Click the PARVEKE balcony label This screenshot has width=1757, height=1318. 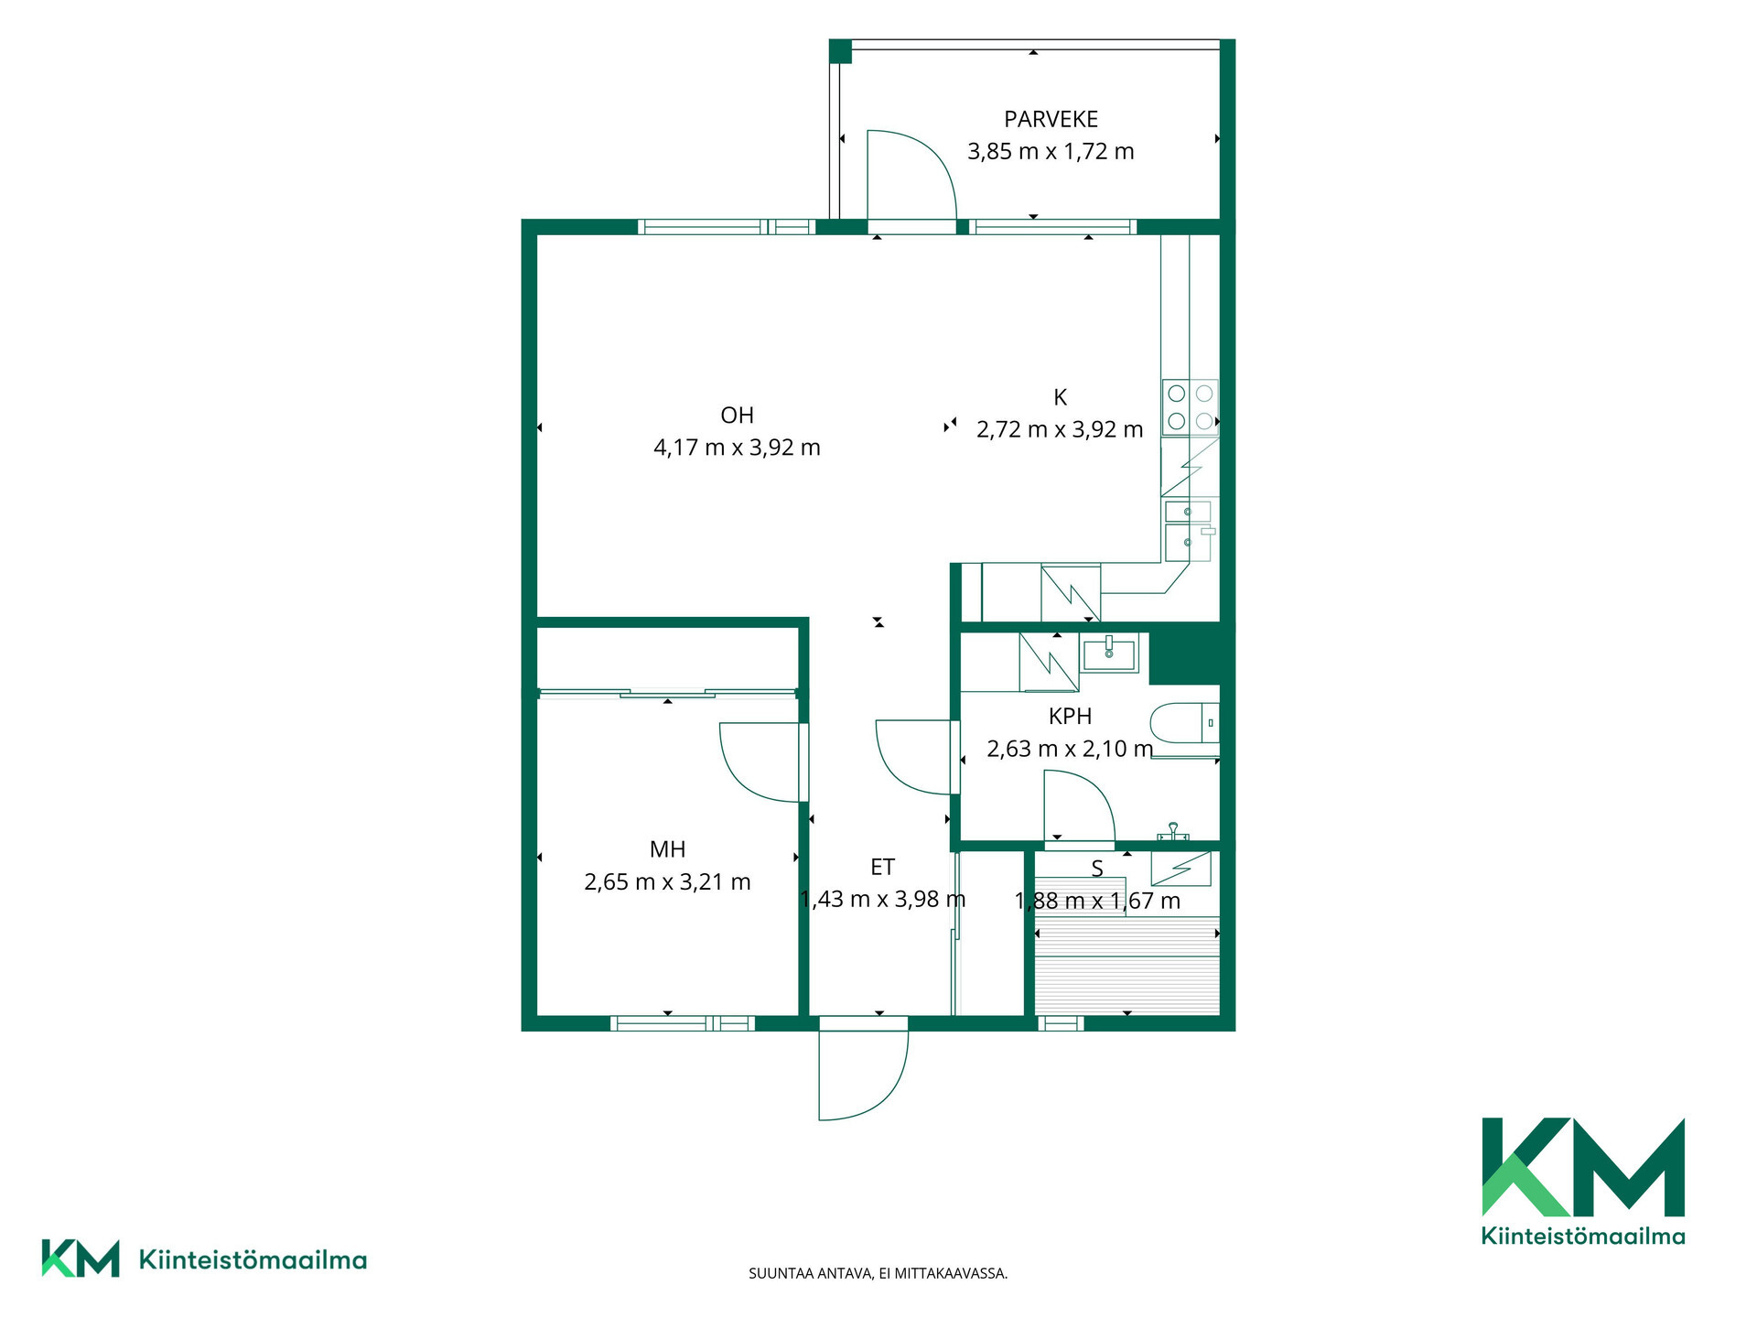click(1051, 119)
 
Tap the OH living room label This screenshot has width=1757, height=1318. click(737, 416)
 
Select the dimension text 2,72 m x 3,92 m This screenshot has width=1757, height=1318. click(1060, 429)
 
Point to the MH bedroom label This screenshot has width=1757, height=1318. click(667, 849)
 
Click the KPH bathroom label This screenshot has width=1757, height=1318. click(1070, 716)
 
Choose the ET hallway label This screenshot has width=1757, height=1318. click(882, 867)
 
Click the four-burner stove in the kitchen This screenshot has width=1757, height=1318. click(1191, 407)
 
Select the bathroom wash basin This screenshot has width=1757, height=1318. click(1109, 654)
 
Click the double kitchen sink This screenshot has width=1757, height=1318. click(1189, 529)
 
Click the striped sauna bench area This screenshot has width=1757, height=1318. click(1127, 965)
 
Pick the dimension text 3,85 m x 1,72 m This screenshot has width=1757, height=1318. click(1051, 151)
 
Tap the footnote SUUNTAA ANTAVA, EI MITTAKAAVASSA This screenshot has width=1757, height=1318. click(878, 1273)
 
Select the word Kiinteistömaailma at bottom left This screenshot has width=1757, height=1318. click(253, 1259)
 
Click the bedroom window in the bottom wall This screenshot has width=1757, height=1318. click(683, 1023)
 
